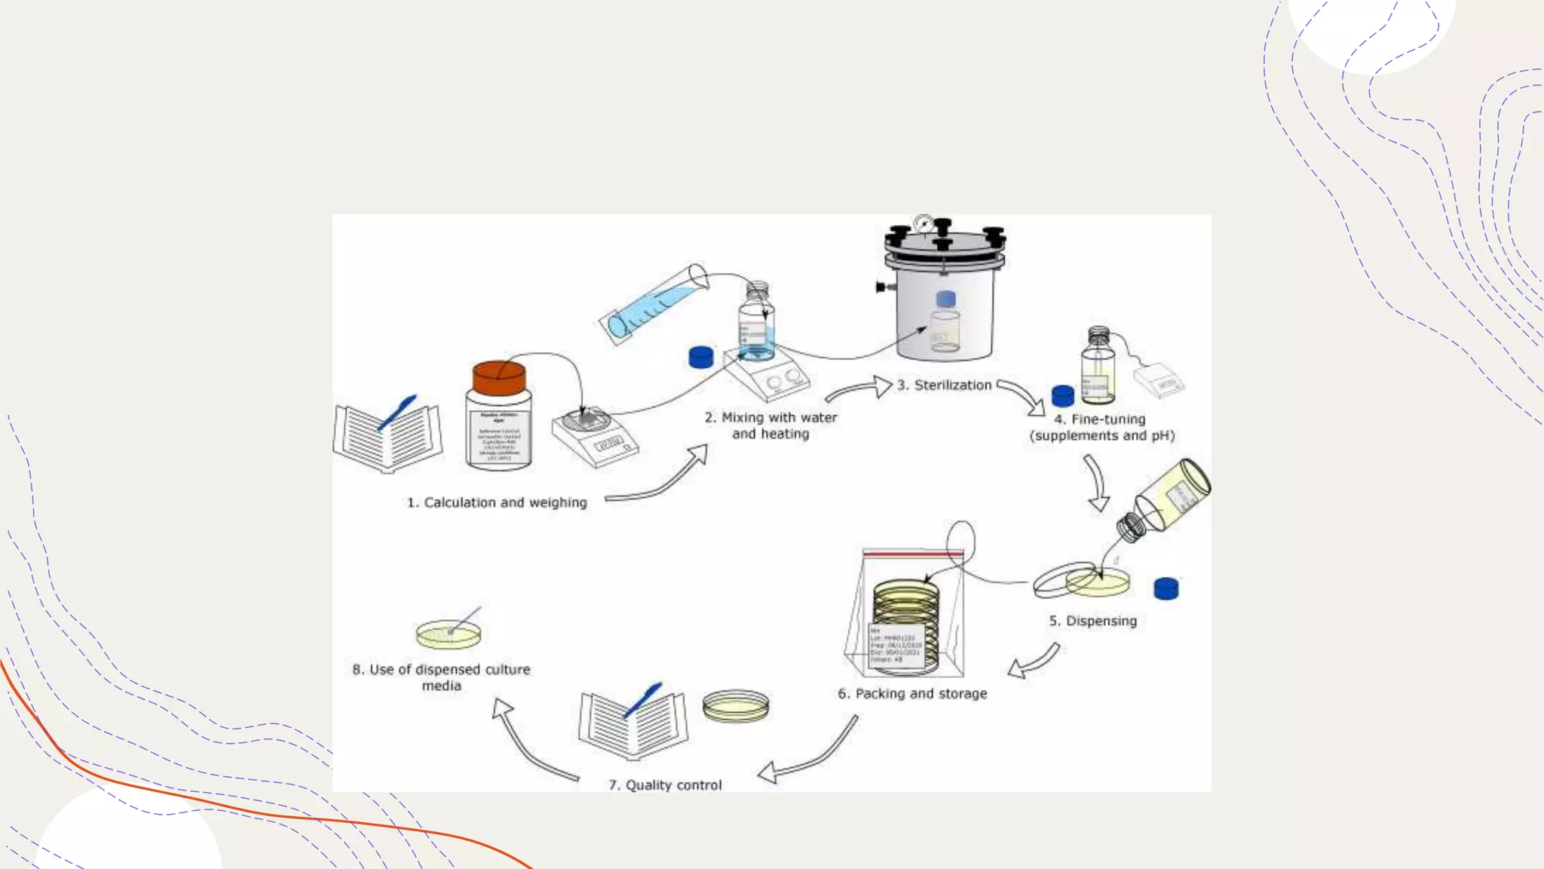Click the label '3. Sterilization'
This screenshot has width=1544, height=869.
[x=944, y=385]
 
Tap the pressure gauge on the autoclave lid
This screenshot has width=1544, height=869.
[x=923, y=223]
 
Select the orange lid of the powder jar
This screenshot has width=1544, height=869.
[x=498, y=377]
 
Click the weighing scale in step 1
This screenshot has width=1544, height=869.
[x=595, y=438]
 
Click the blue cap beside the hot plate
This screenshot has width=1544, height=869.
[x=700, y=357]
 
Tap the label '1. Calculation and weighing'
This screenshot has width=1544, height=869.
[x=497, y=502]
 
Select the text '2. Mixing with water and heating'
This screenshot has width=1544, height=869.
[x=770, y=425]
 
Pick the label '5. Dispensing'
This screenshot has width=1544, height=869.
[x=1092, y=621]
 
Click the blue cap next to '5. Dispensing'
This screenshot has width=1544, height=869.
[x=1166, y=588]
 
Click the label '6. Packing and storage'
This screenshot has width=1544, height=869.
[x=912, y=693]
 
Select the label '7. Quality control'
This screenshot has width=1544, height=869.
[x=665, y=785]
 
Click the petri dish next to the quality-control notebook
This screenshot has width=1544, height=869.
[x=736, y=706]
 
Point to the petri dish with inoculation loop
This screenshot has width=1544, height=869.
[x=449, y=634]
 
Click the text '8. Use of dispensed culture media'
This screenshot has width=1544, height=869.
[x=441, y=677]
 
